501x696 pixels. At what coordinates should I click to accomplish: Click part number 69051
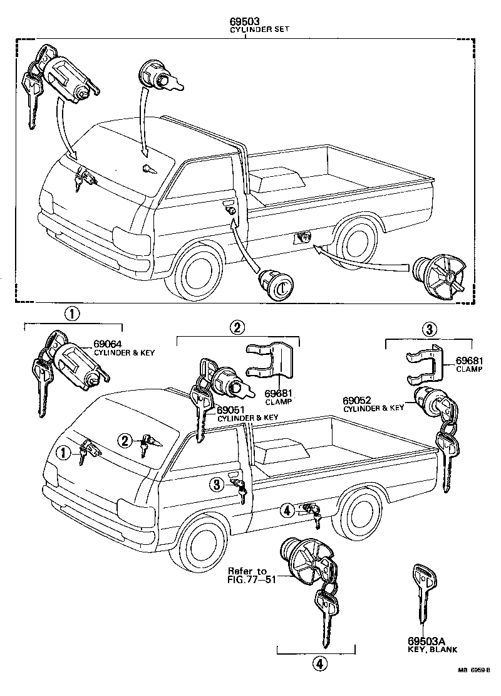coord(230,409)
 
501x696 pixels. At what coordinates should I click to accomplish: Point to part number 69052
coord(356,400)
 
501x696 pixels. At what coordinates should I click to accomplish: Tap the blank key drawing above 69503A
coord(423,596)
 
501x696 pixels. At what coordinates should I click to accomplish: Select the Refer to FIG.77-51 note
coord(247,575)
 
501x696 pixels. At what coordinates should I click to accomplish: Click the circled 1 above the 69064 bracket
coord(74,314)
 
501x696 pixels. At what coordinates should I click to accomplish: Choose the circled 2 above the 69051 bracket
coord(237,327)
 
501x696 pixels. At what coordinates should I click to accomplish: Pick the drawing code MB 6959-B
coord(475,687)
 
